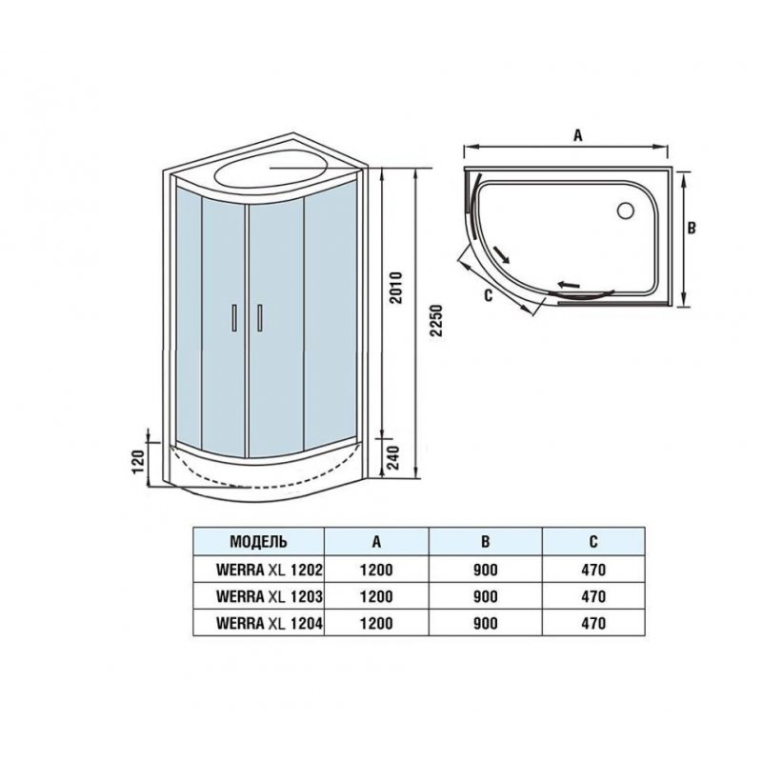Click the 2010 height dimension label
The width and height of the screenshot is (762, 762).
tap(396, 288)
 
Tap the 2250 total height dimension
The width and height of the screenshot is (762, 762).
tap(437, 321)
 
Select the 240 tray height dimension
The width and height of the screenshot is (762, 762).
tap(392, 457)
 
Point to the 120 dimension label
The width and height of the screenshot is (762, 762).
tap(138, 462)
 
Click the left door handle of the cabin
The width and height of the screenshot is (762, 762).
tap(234, 318)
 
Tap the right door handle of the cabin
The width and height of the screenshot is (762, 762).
tap(260, 318)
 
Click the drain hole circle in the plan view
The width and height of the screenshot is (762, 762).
tap(626, 210)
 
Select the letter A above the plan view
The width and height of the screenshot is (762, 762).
tap(577, 135)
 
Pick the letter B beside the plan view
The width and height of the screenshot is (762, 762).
tap(692, 228)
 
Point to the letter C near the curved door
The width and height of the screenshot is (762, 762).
tap(489, 294)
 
